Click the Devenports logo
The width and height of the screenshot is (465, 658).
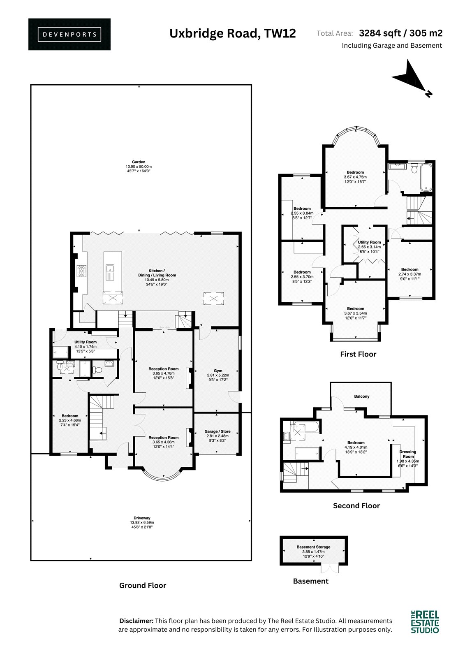tap(69, 35)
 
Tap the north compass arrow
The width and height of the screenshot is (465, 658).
tap(411, 77)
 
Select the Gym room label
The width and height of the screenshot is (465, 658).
tap(218, 375)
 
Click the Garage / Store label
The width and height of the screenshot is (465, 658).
tap(217, 436)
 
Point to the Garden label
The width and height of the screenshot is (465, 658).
tap(139, 166)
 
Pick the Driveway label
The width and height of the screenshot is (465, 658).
tap(142, 522)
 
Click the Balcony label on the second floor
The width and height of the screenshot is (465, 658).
tap(362, 396)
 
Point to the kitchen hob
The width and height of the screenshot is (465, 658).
tap(81, 271)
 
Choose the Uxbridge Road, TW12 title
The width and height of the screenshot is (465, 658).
tap(233, 33)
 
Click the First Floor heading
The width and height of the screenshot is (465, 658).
tap(358, 354)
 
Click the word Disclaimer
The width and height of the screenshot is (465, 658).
tap(136, 621)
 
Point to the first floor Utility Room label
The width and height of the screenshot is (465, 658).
tap(369, 247)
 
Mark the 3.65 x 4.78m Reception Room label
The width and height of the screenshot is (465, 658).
tap(163, 373)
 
